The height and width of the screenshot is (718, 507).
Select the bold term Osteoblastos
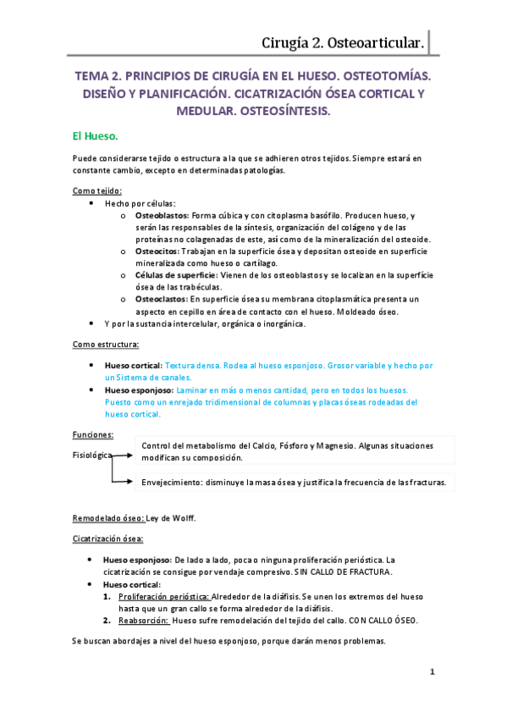click(x=163, y=217)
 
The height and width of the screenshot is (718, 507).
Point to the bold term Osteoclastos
click(x=161, y=299)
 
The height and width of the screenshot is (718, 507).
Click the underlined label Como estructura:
click(x=106, y=345)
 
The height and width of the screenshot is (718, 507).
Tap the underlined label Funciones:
click(x=93, y=434)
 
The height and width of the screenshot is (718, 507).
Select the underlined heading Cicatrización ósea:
click(x=107, y=538)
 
